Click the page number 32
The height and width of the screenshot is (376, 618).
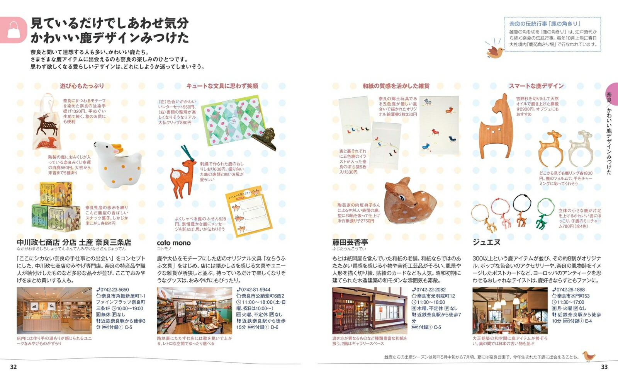[14, 367]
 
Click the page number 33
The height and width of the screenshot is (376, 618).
[604, 367]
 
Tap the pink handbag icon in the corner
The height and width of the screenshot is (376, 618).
[13, 30]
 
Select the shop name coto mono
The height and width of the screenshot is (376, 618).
[174, 243]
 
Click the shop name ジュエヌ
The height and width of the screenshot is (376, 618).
[486, 242]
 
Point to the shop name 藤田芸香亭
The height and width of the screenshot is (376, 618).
[350, 242]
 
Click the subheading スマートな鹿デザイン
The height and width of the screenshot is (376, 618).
[536, 86]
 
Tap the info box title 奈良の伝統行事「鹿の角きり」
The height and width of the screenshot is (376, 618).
[545, 24]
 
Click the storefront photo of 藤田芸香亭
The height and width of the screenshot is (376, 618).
[369, 310]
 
